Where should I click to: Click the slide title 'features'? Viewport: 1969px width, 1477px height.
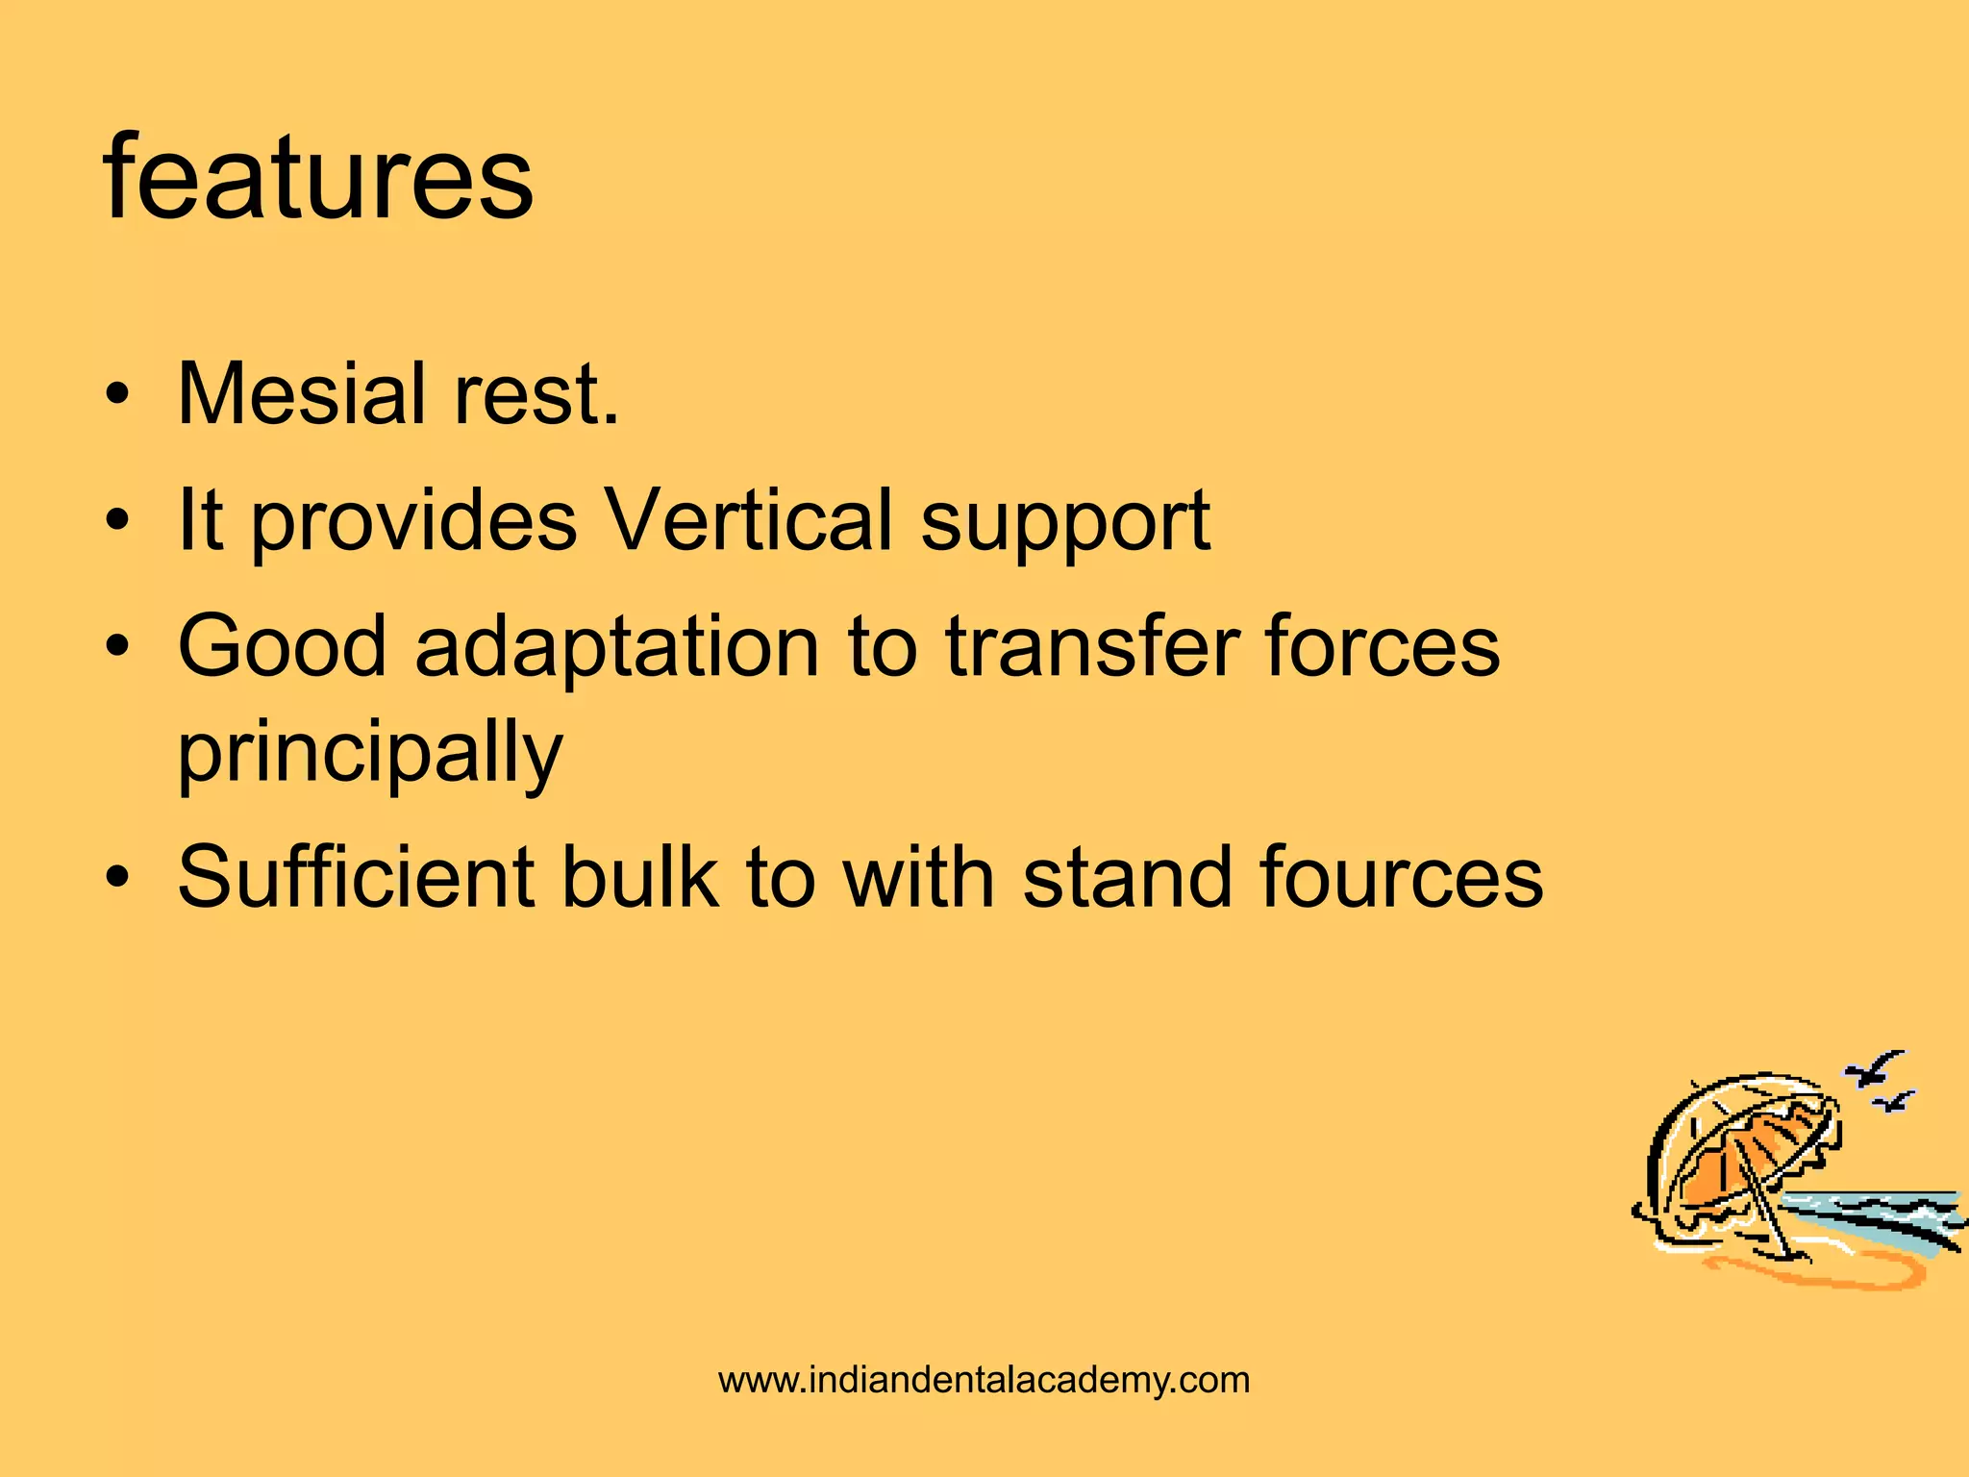point(317,178)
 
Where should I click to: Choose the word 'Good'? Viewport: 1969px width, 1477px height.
point(281,646)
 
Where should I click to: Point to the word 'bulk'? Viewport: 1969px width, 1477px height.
point(639,876)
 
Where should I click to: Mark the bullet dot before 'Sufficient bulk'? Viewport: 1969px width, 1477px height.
point(117,878)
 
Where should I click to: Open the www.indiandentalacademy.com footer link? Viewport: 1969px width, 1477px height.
point(984,1380)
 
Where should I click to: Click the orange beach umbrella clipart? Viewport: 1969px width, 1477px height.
point(1740,1168)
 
